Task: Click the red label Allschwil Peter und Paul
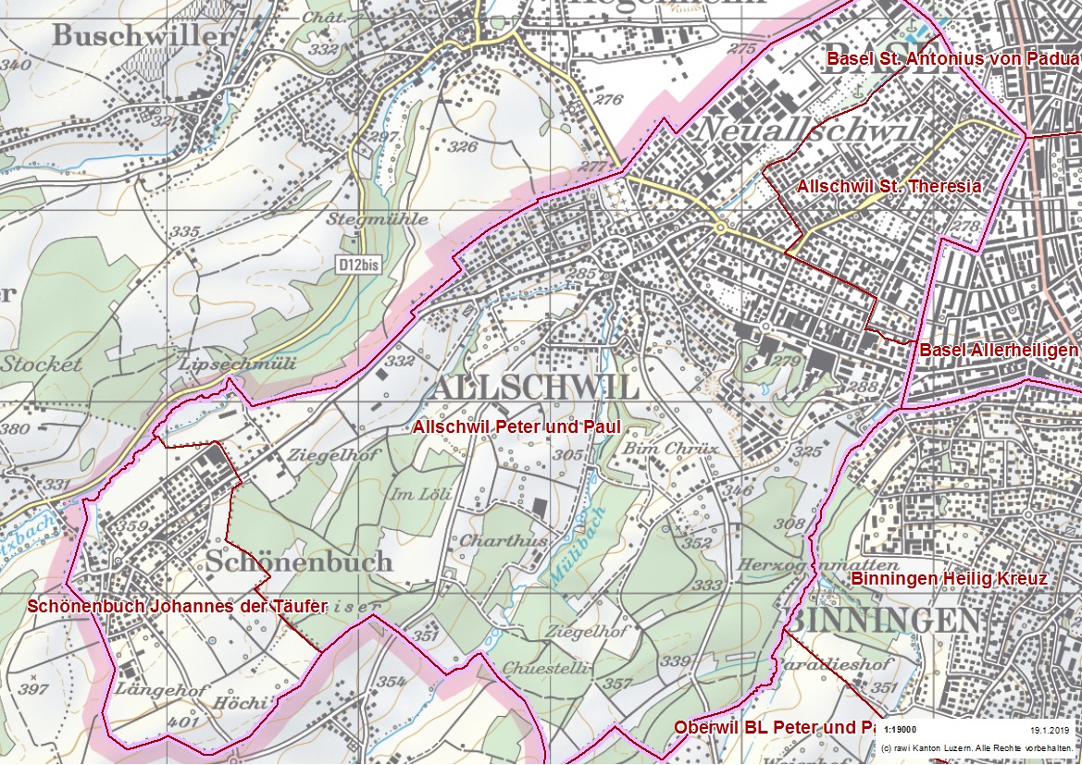coord(516,427)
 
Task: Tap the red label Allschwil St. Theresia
coord(889,186)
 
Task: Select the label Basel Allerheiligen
coord(999,351)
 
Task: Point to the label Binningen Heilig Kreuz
coord(948,579)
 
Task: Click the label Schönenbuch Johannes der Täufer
coord(178,607)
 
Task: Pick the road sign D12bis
coord(358,265)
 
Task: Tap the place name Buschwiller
coord(142,36)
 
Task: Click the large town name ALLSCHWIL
coord(535,389)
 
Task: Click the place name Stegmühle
coord(377,219)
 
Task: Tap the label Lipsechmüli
coord(238,364)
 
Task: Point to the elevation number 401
coord(184,722)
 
